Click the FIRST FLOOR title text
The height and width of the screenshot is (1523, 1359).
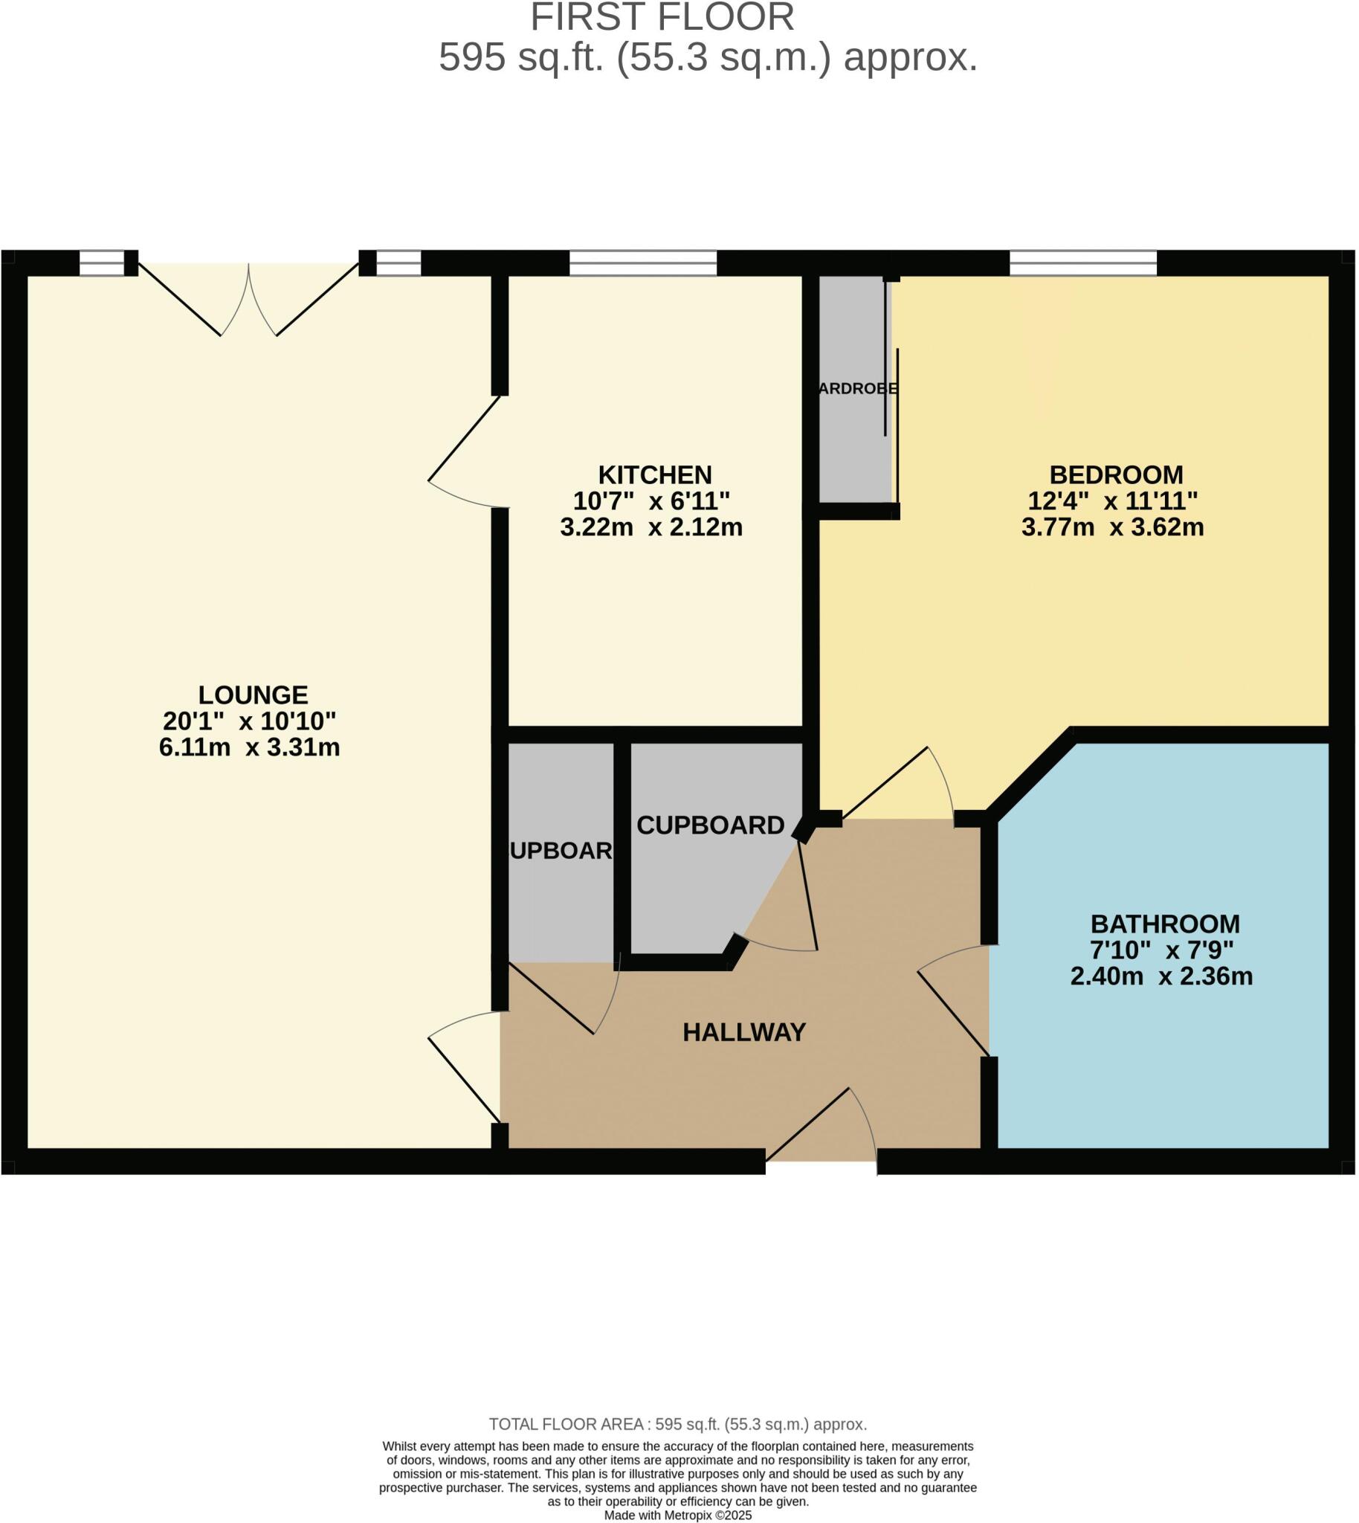point(662,18)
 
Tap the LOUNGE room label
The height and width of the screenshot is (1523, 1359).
point(252,695)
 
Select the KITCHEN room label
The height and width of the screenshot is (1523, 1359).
point(655,475)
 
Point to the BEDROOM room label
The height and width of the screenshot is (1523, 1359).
point(1116,475)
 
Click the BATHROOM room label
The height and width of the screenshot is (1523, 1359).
point(1165,924)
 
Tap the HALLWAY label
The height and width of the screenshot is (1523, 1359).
point(743,1032)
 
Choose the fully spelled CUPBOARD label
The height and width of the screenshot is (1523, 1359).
point(710,825)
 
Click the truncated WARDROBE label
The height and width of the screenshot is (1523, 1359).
point(857,389)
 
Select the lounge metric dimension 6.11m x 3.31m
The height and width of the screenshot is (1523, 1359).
point(249,747)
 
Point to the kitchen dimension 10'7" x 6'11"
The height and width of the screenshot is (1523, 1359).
point(651,500)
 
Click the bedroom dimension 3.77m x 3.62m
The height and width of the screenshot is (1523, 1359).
point(1113,527)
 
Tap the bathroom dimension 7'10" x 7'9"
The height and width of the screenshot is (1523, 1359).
point(1161,950)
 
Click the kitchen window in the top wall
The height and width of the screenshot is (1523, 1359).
point(643,263)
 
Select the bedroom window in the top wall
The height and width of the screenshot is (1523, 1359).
point(1082,263)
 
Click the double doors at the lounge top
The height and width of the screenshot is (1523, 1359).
point(248,299)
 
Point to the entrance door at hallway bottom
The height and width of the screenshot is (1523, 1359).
point(821,1128)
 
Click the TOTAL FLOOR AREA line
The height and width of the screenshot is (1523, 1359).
point(677,1424)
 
